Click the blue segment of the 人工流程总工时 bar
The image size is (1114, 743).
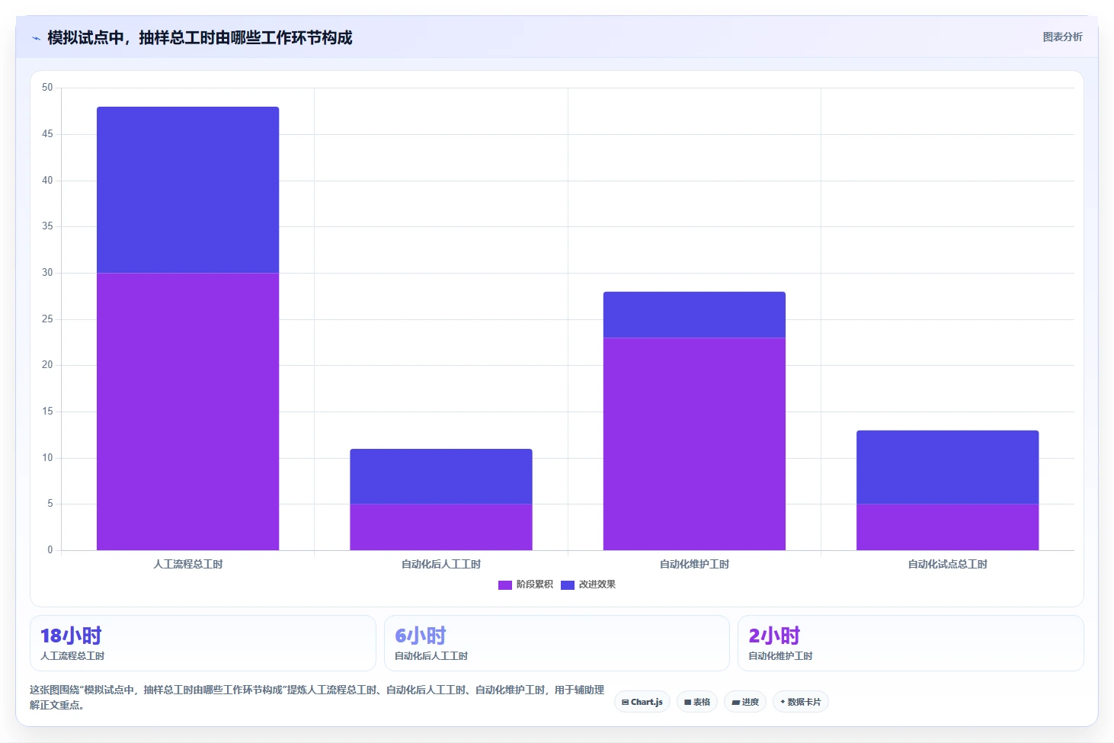187,190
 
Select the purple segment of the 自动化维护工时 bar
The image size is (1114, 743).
694,444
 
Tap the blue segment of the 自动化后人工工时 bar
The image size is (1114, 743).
441,476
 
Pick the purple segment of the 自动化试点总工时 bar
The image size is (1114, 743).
947,527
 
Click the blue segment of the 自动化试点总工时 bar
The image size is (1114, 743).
947,467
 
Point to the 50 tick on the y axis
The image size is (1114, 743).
47,88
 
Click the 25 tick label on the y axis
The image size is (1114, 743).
47,319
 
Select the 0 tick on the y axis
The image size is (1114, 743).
50,550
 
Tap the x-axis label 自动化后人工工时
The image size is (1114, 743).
441,564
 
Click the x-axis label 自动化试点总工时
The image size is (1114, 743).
947,564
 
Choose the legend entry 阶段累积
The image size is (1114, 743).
526,584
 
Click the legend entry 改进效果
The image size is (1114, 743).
588,584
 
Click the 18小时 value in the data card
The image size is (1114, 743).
71,636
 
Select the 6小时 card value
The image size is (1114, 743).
421,636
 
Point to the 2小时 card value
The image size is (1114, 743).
774,636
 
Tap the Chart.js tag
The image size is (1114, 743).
642,702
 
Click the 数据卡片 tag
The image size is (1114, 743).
800,702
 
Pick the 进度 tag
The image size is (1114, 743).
745,702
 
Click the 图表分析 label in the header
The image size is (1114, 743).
1062,37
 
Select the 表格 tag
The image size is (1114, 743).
696,702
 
